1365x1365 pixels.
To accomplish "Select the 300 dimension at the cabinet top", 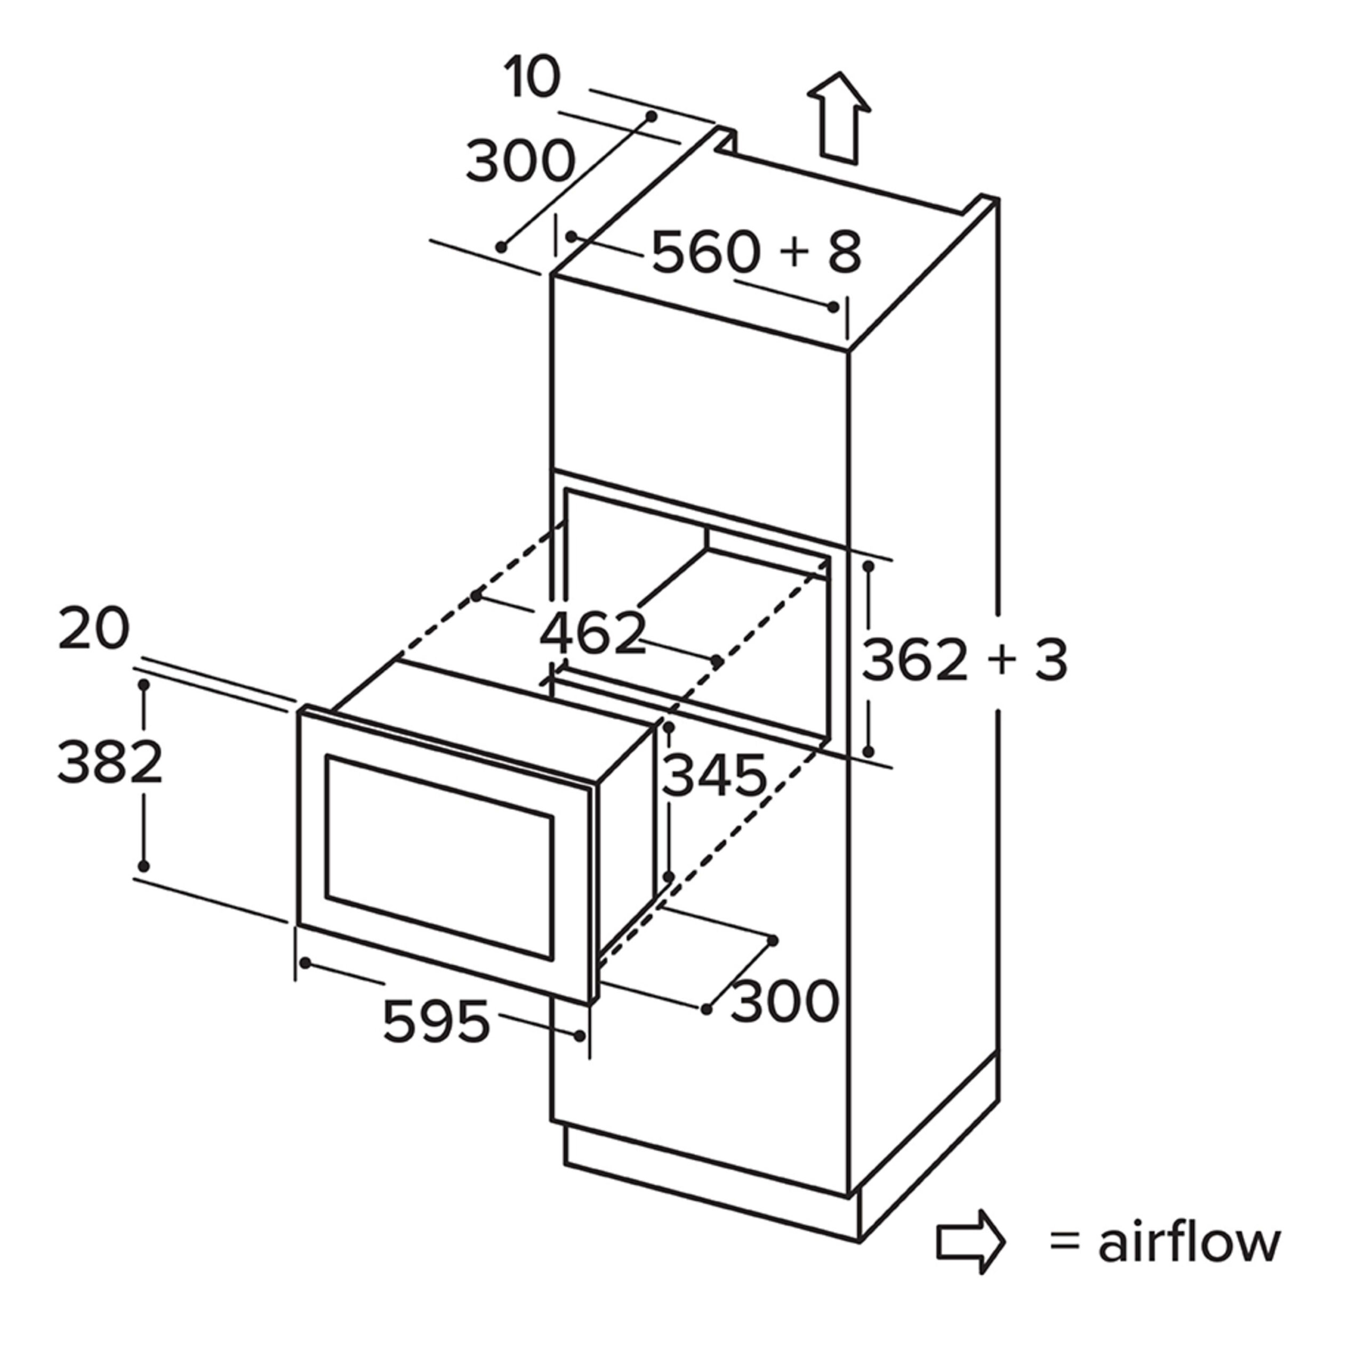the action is click(521, 161).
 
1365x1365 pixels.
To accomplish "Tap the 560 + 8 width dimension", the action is click(756, 252).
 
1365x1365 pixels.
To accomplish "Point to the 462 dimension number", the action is click(593, 632).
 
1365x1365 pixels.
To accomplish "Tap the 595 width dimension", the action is click(436, 1021).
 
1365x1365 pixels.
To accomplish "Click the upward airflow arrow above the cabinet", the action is click(839, 118).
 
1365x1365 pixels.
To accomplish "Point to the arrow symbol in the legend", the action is click(971, 1261).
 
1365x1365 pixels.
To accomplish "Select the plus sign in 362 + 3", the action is click(1002, 661).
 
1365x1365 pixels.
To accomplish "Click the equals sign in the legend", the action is click(1065, 1263).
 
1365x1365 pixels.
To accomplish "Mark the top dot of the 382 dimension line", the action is click(144, 685).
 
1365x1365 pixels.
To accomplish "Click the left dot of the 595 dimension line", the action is click(305, 963).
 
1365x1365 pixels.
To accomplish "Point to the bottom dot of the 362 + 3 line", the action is click(868, 752).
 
